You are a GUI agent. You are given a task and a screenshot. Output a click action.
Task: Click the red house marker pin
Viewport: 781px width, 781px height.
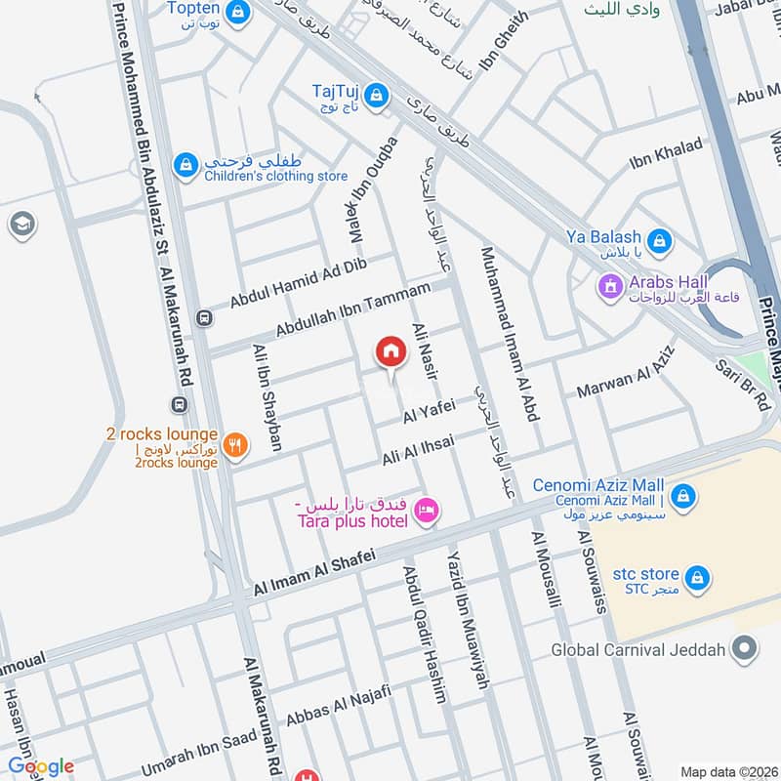390,352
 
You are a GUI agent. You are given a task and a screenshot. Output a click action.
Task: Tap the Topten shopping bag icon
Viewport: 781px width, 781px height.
236,13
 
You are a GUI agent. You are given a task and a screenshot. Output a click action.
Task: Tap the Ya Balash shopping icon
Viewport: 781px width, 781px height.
660,239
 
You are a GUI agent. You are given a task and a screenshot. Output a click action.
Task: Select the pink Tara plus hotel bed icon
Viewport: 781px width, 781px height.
427,511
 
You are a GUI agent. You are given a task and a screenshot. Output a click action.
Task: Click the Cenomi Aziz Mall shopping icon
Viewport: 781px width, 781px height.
684,496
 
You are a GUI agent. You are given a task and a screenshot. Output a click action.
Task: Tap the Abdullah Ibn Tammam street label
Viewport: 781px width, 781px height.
352,309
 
